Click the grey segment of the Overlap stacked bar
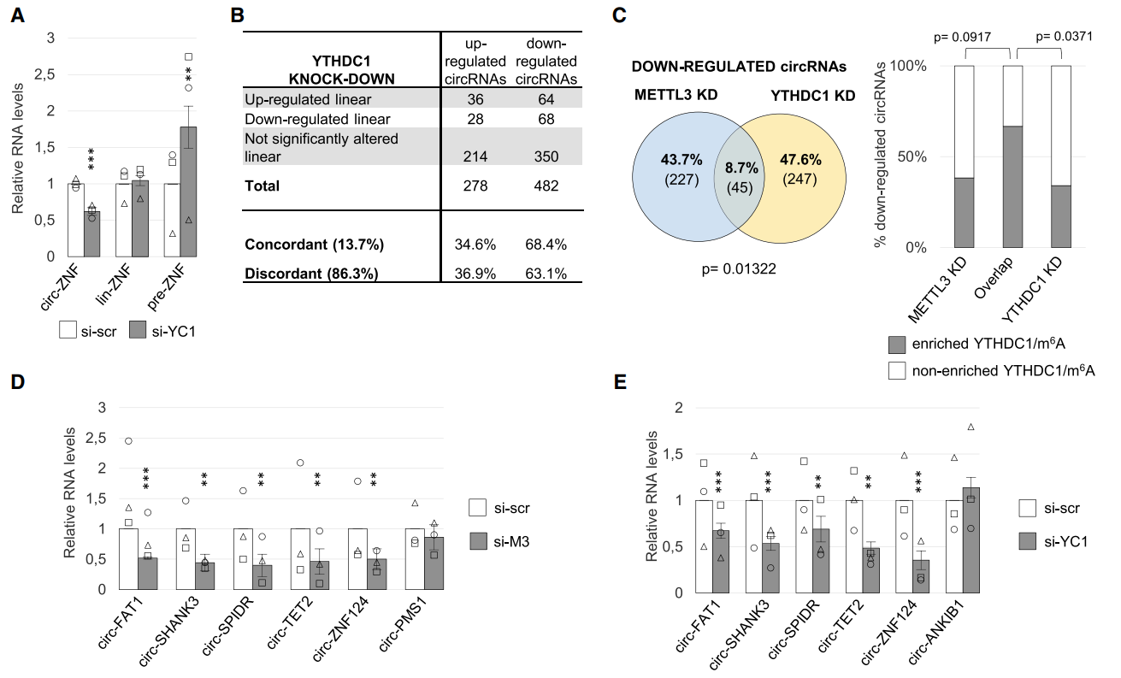1012,187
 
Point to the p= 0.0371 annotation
1064,38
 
